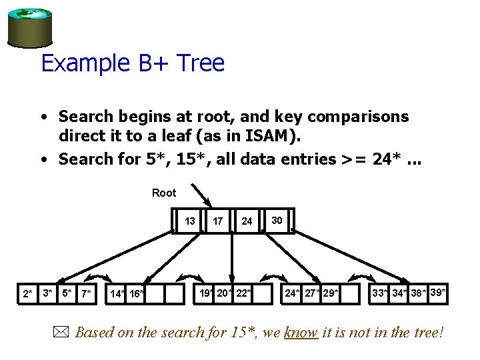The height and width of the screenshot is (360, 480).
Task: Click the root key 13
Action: (x=190, y=221)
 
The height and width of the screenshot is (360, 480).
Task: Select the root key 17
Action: (x=218, y=221)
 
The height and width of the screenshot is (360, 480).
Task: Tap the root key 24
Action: (x=247, y=221)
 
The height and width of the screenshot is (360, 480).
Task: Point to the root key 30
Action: (x=277, y=220)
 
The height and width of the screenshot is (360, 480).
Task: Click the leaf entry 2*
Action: (x=27, y=293)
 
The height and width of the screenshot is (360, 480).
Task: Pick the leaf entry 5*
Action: (x=66, y=292)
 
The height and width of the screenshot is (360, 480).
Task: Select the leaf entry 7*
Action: (x=86, y=293)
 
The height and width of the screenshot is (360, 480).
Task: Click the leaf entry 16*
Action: (x=137, y=293)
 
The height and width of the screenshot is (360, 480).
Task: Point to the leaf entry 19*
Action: (x=207, y=292)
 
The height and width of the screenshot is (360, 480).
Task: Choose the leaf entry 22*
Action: (x=244, y=292)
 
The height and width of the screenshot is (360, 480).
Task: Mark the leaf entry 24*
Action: (x=292, y=292)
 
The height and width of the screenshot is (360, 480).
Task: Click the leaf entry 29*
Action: (x=330, y=292)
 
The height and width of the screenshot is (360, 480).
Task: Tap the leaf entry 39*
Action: (x=438, y=291)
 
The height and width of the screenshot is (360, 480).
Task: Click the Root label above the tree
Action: (x=164, y=193)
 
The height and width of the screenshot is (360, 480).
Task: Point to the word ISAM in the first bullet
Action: (x=271, y=137)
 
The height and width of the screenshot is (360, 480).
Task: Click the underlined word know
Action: (x=301, y=332)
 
